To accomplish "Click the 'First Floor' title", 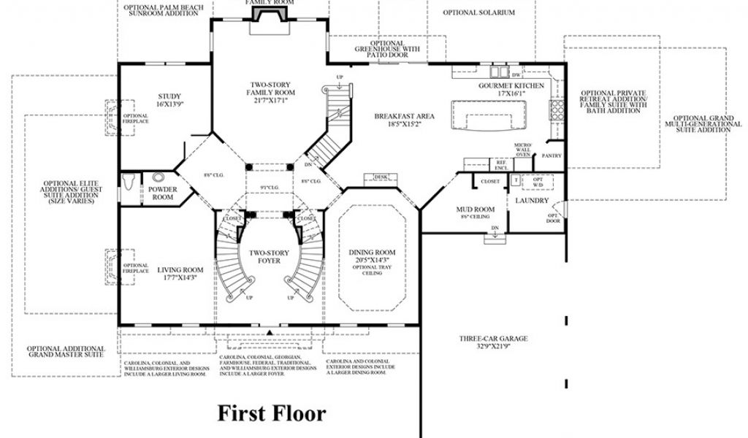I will (272, 414).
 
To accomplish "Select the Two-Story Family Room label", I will (271, 93).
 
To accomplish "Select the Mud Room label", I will (475, 213).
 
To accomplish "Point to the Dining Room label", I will (372, 255).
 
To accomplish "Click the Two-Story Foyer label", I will (270, 256).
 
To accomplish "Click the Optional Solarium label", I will (479, 12).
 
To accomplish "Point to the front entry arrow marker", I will (270, 332).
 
